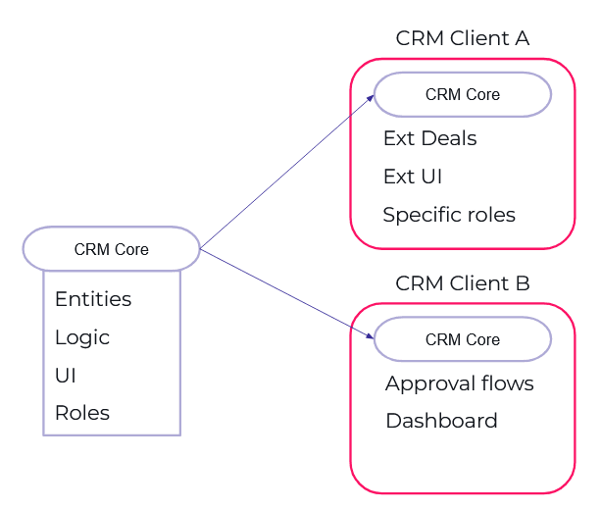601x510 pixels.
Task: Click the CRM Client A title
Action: [462, 38]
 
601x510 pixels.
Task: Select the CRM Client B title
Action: [462, 283]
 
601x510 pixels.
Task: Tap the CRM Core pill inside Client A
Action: [462, 95]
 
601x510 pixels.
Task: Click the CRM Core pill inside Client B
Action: [462, 339]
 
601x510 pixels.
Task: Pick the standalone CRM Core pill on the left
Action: [111, 249]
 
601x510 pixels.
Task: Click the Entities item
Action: [93, 299]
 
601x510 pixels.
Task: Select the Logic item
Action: [82, 337]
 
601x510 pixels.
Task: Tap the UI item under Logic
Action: [66, 376]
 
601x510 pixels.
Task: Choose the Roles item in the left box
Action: [82, 413]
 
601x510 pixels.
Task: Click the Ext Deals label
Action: [429, 138]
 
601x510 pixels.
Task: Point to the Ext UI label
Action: [413, 177]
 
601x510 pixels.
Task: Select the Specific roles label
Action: [449, 215]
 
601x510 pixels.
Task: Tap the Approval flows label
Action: [459, 383]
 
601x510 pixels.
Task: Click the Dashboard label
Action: [441, 421]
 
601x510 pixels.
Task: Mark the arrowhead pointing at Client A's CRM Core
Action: [370, 97]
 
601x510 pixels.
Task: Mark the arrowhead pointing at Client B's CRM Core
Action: [370, 336]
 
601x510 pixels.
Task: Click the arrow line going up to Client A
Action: [284, 173]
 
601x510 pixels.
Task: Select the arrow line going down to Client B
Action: [284, 292]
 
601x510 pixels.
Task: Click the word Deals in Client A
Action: [450, 138]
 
